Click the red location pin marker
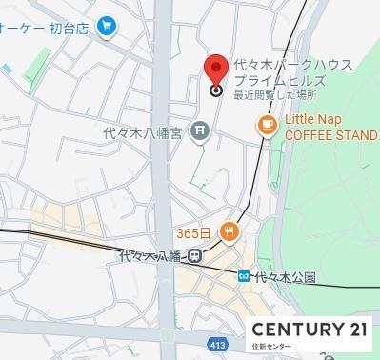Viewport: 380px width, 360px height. point(215,69)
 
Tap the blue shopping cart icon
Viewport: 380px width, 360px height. point(106,28)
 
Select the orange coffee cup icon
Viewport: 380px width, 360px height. point(266,125)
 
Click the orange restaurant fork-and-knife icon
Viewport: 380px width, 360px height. point(228,231)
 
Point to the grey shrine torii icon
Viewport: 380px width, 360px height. point(199,130)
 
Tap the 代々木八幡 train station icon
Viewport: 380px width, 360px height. point(194,255)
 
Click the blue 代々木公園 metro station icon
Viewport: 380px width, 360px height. point(244,276)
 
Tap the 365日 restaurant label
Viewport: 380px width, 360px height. point(194,232)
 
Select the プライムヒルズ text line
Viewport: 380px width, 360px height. point(277,81)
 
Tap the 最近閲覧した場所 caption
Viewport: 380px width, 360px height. point(275,95)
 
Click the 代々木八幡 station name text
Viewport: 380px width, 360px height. point(151,255)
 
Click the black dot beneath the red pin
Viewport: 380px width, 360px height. point(216,91)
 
